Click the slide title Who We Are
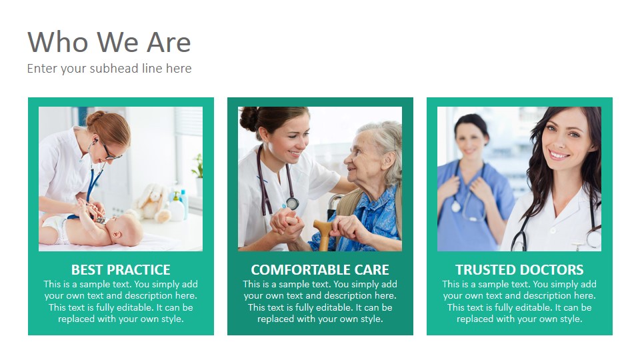(109, 42)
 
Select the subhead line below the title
(109, 68)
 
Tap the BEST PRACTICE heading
(121, 270)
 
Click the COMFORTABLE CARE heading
(320, 270)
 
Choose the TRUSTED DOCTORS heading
(519, 270)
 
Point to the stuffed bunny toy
(154, 203)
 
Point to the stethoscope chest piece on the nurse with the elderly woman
(292, 203)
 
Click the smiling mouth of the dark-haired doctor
(559, 155)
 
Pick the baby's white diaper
(56, 228)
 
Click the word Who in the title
(57, 42)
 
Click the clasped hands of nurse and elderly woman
(287, 226)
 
